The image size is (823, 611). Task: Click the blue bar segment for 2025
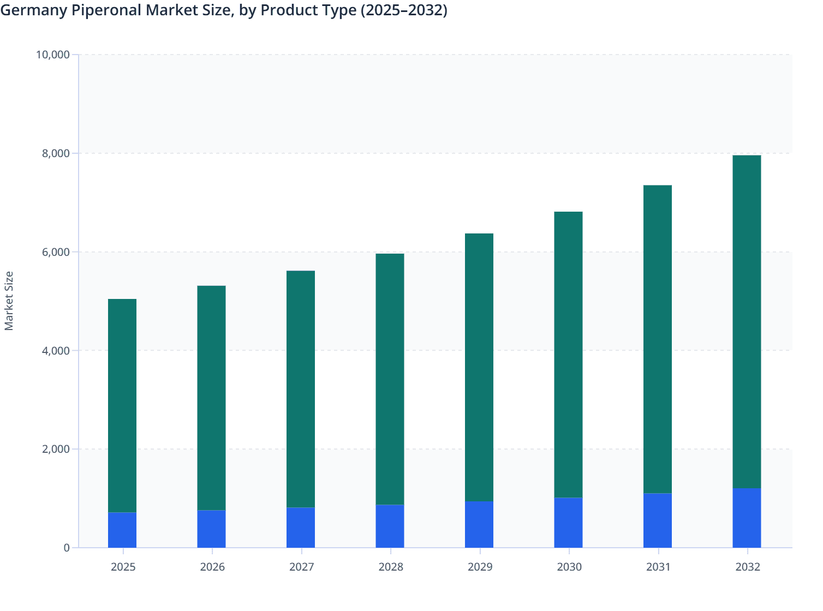click(x=122, y=530)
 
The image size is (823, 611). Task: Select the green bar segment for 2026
click(x=211, y=398)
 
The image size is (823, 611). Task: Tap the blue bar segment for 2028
click(x=390, y=526)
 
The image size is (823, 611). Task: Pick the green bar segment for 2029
click(x=479, y=367)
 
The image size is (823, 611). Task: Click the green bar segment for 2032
click(x=747, y=322)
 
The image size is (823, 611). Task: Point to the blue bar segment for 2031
click(x=658, y=520)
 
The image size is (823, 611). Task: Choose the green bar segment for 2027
click(x=301, y=389)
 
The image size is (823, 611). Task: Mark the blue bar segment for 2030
click(x=568, y=523)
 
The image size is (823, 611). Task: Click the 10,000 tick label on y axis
click(x=52, y=55)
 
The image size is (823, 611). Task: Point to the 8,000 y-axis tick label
click(x=56, y=153)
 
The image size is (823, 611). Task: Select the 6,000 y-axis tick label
click(x=56, y=252)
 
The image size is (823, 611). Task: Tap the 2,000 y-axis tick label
click(x=56, y=450)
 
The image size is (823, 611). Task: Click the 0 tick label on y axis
click(x=66, y=548)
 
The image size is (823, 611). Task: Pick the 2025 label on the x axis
click(x=123, y=567)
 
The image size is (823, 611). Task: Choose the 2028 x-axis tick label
click(x=391, y=567)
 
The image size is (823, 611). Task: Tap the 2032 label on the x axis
click(x=748, y=567)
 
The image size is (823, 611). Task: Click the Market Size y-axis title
click(x=9, y=301)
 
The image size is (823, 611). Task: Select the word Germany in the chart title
click(x=34, y=10)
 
